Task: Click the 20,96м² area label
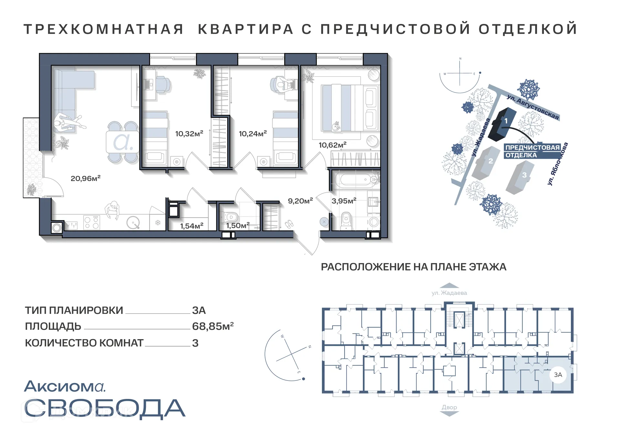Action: (86, 178)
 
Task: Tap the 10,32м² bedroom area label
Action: (189, 134)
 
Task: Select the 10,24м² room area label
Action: (253, 134)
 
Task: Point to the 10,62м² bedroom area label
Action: (332, 145)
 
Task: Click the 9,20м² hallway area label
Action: (300, 201)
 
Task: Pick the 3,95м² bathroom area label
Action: (344, 201)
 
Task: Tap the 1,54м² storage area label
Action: (191, 226)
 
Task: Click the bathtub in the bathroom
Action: (355, 179)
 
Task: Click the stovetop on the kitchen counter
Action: (91, 222)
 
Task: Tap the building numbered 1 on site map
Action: (502, 124)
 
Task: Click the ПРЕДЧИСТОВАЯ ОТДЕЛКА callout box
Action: (532, 151)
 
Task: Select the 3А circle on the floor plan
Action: (558, 375)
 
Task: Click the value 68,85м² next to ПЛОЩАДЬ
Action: (212, 326)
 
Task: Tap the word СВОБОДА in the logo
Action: (104, 408)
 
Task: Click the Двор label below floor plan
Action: (449, 407)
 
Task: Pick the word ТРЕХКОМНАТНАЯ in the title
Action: (104, 29)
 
